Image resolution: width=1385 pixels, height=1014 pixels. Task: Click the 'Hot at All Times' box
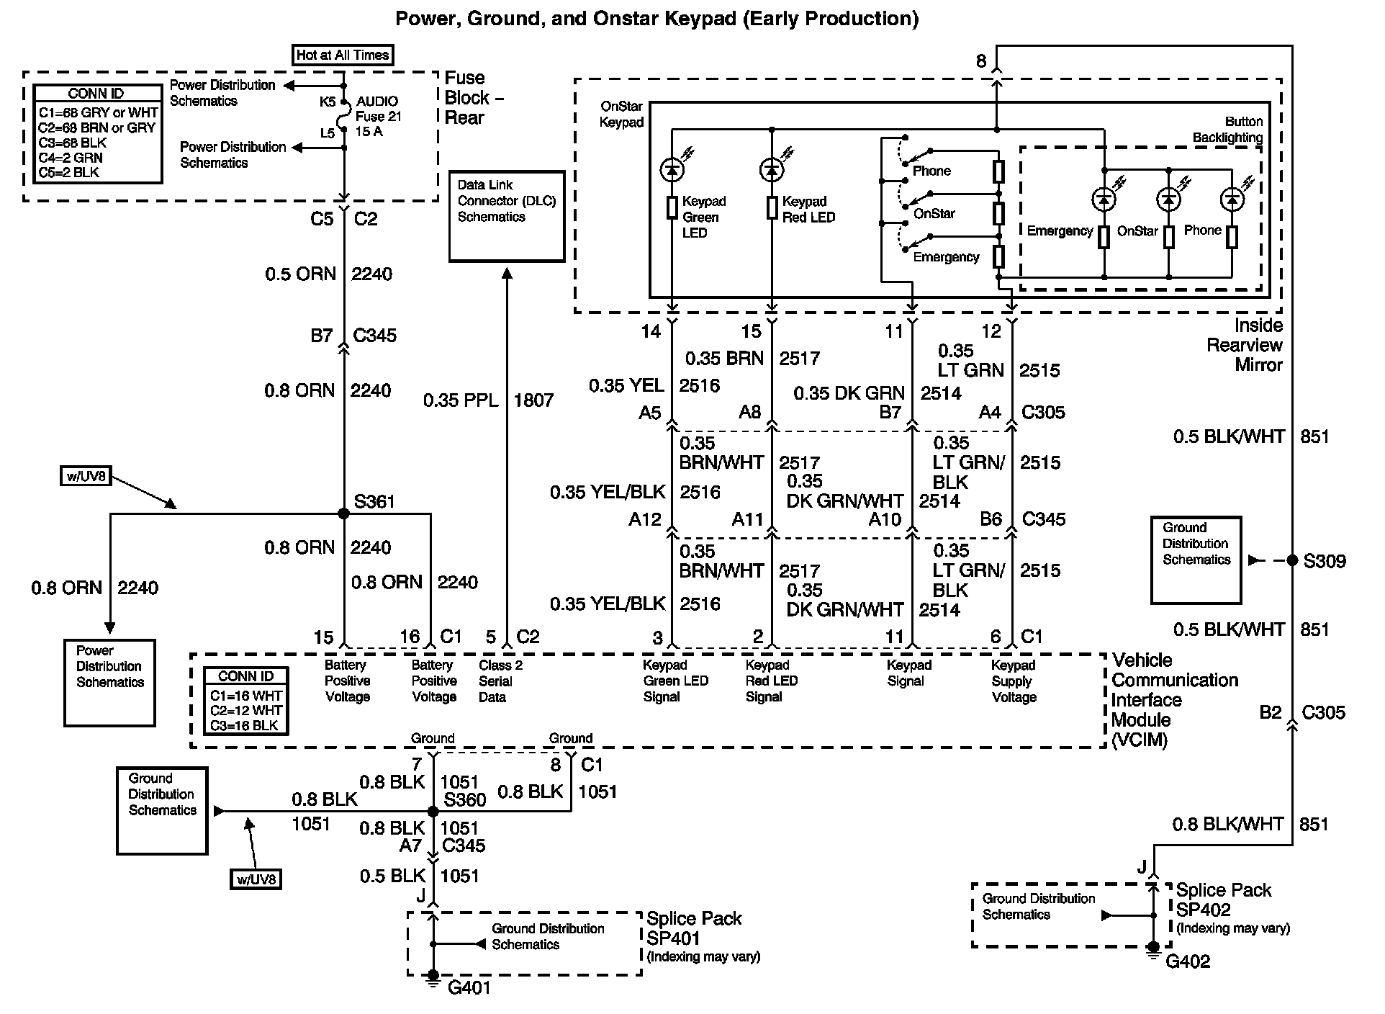click(343, 55)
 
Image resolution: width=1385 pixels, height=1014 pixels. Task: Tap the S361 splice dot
click(343, 513)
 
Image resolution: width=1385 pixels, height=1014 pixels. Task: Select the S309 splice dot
click(1291, 560)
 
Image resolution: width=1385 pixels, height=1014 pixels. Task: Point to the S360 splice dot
click(433, 812)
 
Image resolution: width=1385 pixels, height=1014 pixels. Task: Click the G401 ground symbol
click(433, 978)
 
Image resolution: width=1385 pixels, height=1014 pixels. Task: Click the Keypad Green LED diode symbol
click(672, 170)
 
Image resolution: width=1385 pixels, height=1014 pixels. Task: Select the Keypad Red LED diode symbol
click(772, 170)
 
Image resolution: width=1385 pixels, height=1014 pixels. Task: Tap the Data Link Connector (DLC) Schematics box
click(506, 216)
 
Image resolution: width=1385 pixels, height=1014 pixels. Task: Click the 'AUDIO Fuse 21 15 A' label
click(379, 116)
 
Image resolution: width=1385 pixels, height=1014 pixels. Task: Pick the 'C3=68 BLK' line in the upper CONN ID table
click(73, 143)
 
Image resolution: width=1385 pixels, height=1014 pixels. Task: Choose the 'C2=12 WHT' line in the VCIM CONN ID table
click(245, 710)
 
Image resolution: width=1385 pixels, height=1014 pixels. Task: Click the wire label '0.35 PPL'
click(461, 400)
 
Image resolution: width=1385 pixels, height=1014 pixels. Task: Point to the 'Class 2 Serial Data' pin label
click(500, 681)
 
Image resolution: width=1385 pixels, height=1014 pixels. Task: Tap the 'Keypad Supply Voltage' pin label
click(1014, 681)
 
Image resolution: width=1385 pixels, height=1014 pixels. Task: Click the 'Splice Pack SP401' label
click(694, 928)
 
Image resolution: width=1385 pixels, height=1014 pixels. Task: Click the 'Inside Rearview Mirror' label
click(1245, 345)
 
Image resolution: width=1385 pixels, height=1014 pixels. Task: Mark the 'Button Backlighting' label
click(1227, 130)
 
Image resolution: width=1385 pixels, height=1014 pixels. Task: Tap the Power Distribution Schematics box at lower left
click(109, 683)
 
